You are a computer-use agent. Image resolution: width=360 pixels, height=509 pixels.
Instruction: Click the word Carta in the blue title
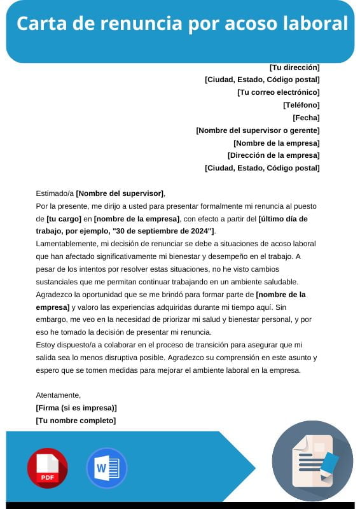pos(36,24)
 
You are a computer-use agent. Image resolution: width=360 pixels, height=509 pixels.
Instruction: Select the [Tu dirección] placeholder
pos(294,67)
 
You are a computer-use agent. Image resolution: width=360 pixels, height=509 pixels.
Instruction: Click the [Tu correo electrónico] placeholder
pos(278,92)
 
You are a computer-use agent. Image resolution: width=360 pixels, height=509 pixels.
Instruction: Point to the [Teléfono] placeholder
pos(301,105)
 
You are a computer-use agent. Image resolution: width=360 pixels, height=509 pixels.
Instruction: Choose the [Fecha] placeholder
pos(306,118)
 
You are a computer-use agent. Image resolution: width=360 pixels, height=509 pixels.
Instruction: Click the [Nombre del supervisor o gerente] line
pos(258,130)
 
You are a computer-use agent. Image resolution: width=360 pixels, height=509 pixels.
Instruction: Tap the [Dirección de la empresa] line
pos(273,155)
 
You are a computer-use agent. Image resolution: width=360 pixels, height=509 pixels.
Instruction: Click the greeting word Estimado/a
pos(55,193)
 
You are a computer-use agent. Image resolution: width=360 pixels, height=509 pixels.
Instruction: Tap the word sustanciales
pos(58,281)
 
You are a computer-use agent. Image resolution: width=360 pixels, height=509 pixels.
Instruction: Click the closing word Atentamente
pos(59,395)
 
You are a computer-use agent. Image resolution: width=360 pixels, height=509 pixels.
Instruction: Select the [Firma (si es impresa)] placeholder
pos(76,408)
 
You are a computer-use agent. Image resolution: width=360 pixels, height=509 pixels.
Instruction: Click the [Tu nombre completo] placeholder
pos(76,421)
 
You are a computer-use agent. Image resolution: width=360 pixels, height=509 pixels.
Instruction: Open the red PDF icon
pos(47,468)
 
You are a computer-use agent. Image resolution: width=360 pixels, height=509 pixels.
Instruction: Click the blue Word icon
pos(106,468)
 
